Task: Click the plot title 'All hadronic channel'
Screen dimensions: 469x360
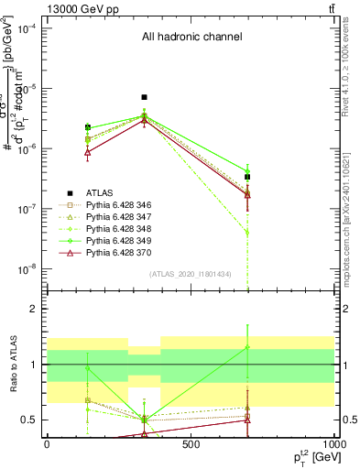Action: point(191,38)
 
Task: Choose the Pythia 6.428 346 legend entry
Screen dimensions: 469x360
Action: point(126,206)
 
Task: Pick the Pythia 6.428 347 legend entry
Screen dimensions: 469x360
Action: point(126,221)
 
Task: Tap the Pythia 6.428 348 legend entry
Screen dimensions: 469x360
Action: point(126,235)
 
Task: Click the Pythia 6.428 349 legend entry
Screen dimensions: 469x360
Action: point(126,250)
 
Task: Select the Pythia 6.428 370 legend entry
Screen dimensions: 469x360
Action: point(126,265)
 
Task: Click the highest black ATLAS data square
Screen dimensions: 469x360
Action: point(144,97)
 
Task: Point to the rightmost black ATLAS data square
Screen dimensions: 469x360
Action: point(247,177)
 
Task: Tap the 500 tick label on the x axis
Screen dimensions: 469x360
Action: point(190,444)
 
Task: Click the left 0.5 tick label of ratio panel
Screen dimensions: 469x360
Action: point(30,420)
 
